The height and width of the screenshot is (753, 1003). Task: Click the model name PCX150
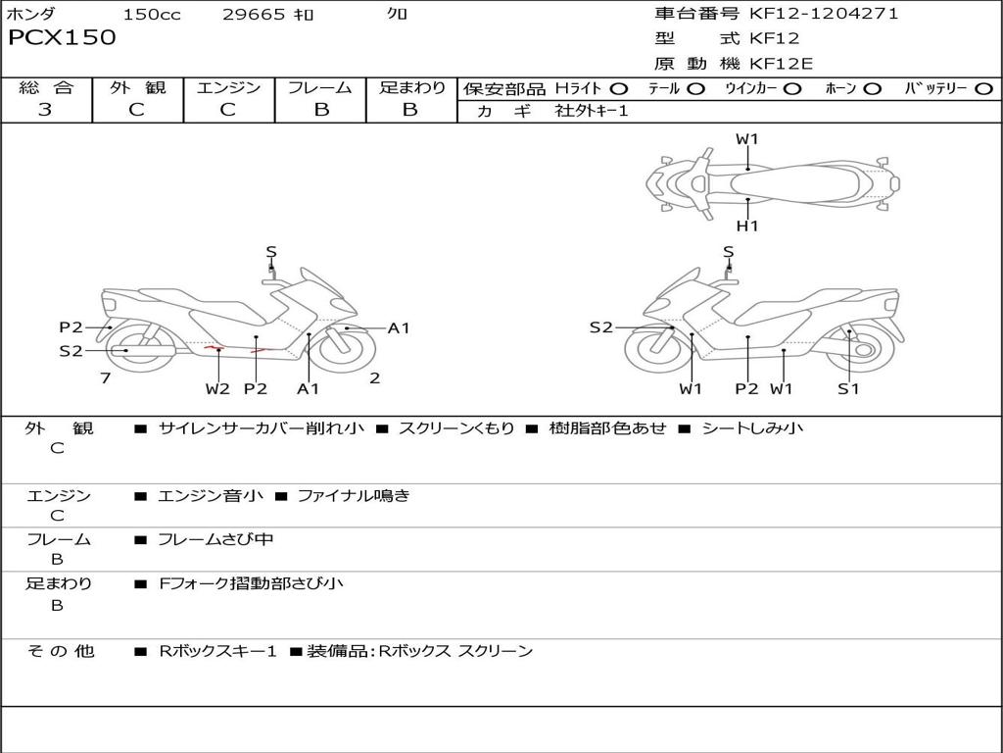[x=62, y=38]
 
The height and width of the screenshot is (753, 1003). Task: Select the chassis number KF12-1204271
[x=824, y=13]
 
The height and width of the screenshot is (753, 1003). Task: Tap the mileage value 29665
[x=254, y=14]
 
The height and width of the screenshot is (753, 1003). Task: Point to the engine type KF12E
[x=781, y=64]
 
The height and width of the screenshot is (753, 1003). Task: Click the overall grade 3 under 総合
[x=45, y=110]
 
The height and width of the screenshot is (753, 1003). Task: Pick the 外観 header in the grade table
[x=137, y=87]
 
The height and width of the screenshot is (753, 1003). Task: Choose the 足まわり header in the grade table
[x=411, y=87]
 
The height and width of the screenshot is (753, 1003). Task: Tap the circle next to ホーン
[x=872, y=89]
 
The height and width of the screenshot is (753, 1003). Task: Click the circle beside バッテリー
[x=983, y=89]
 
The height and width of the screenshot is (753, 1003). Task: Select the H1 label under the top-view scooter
[x=747, y=226]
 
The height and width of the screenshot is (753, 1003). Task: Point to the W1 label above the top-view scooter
[x=746, y=139]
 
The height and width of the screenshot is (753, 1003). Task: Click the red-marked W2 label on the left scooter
[x=217, y=388]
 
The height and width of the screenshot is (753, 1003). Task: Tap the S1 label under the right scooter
[x=848, y=388]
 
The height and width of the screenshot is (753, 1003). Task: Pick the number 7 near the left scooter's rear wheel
[x=106, y=378]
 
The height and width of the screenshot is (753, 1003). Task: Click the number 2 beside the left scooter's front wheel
[x=375, y=378]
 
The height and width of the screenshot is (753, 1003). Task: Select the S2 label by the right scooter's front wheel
[x=601, y=327]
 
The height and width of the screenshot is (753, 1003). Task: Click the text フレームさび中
[x=215, y=539]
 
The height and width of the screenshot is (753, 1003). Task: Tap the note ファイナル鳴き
[x=354, y=495]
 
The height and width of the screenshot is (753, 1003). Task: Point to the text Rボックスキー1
[x=217, y=651]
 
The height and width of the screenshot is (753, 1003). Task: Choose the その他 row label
[x=61, y=651]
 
